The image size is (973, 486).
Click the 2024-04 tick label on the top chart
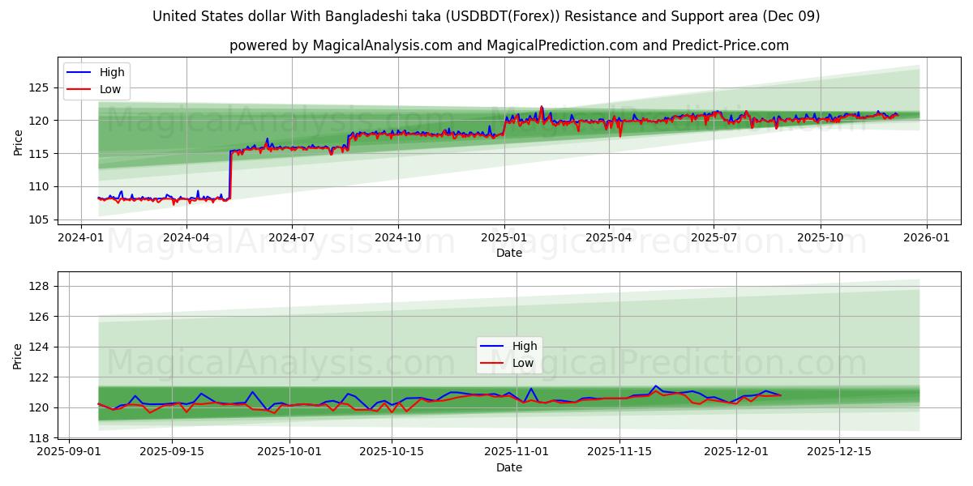pos(186,237)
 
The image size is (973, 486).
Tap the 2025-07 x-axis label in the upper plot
pos(714,237)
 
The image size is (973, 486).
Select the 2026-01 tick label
pos(926,237)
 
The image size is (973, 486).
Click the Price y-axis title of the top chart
pos(18,142)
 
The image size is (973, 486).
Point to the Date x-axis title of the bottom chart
pos(508,467)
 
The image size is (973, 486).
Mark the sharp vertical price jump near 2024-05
pos(229,174)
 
